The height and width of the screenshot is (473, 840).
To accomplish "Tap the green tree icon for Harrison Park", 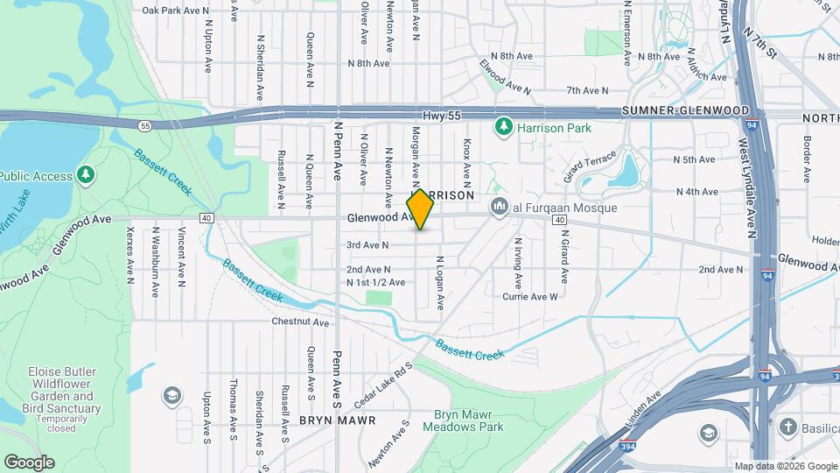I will (x=503, y=129).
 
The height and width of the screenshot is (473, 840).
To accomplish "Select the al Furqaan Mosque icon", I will (x=500, y=208).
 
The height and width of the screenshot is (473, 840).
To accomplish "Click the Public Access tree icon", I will (x=85, y=176).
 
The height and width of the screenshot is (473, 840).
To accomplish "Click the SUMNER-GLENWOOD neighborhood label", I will (x=685, y=111).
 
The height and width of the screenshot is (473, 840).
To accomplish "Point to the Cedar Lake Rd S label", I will (x=383, y=385).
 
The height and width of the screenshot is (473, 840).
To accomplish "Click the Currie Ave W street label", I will (x=529, y=297).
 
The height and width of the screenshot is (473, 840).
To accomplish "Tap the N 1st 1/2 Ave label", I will (x=375, y=282).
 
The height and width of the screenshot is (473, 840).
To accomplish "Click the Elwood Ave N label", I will (x=505, y=76).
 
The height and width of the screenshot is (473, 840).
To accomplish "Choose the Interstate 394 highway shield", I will (x=627, y=444).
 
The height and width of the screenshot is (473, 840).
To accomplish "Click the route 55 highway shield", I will (x=144, y=126).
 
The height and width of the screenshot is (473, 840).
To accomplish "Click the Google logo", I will (x=29, y=462).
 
